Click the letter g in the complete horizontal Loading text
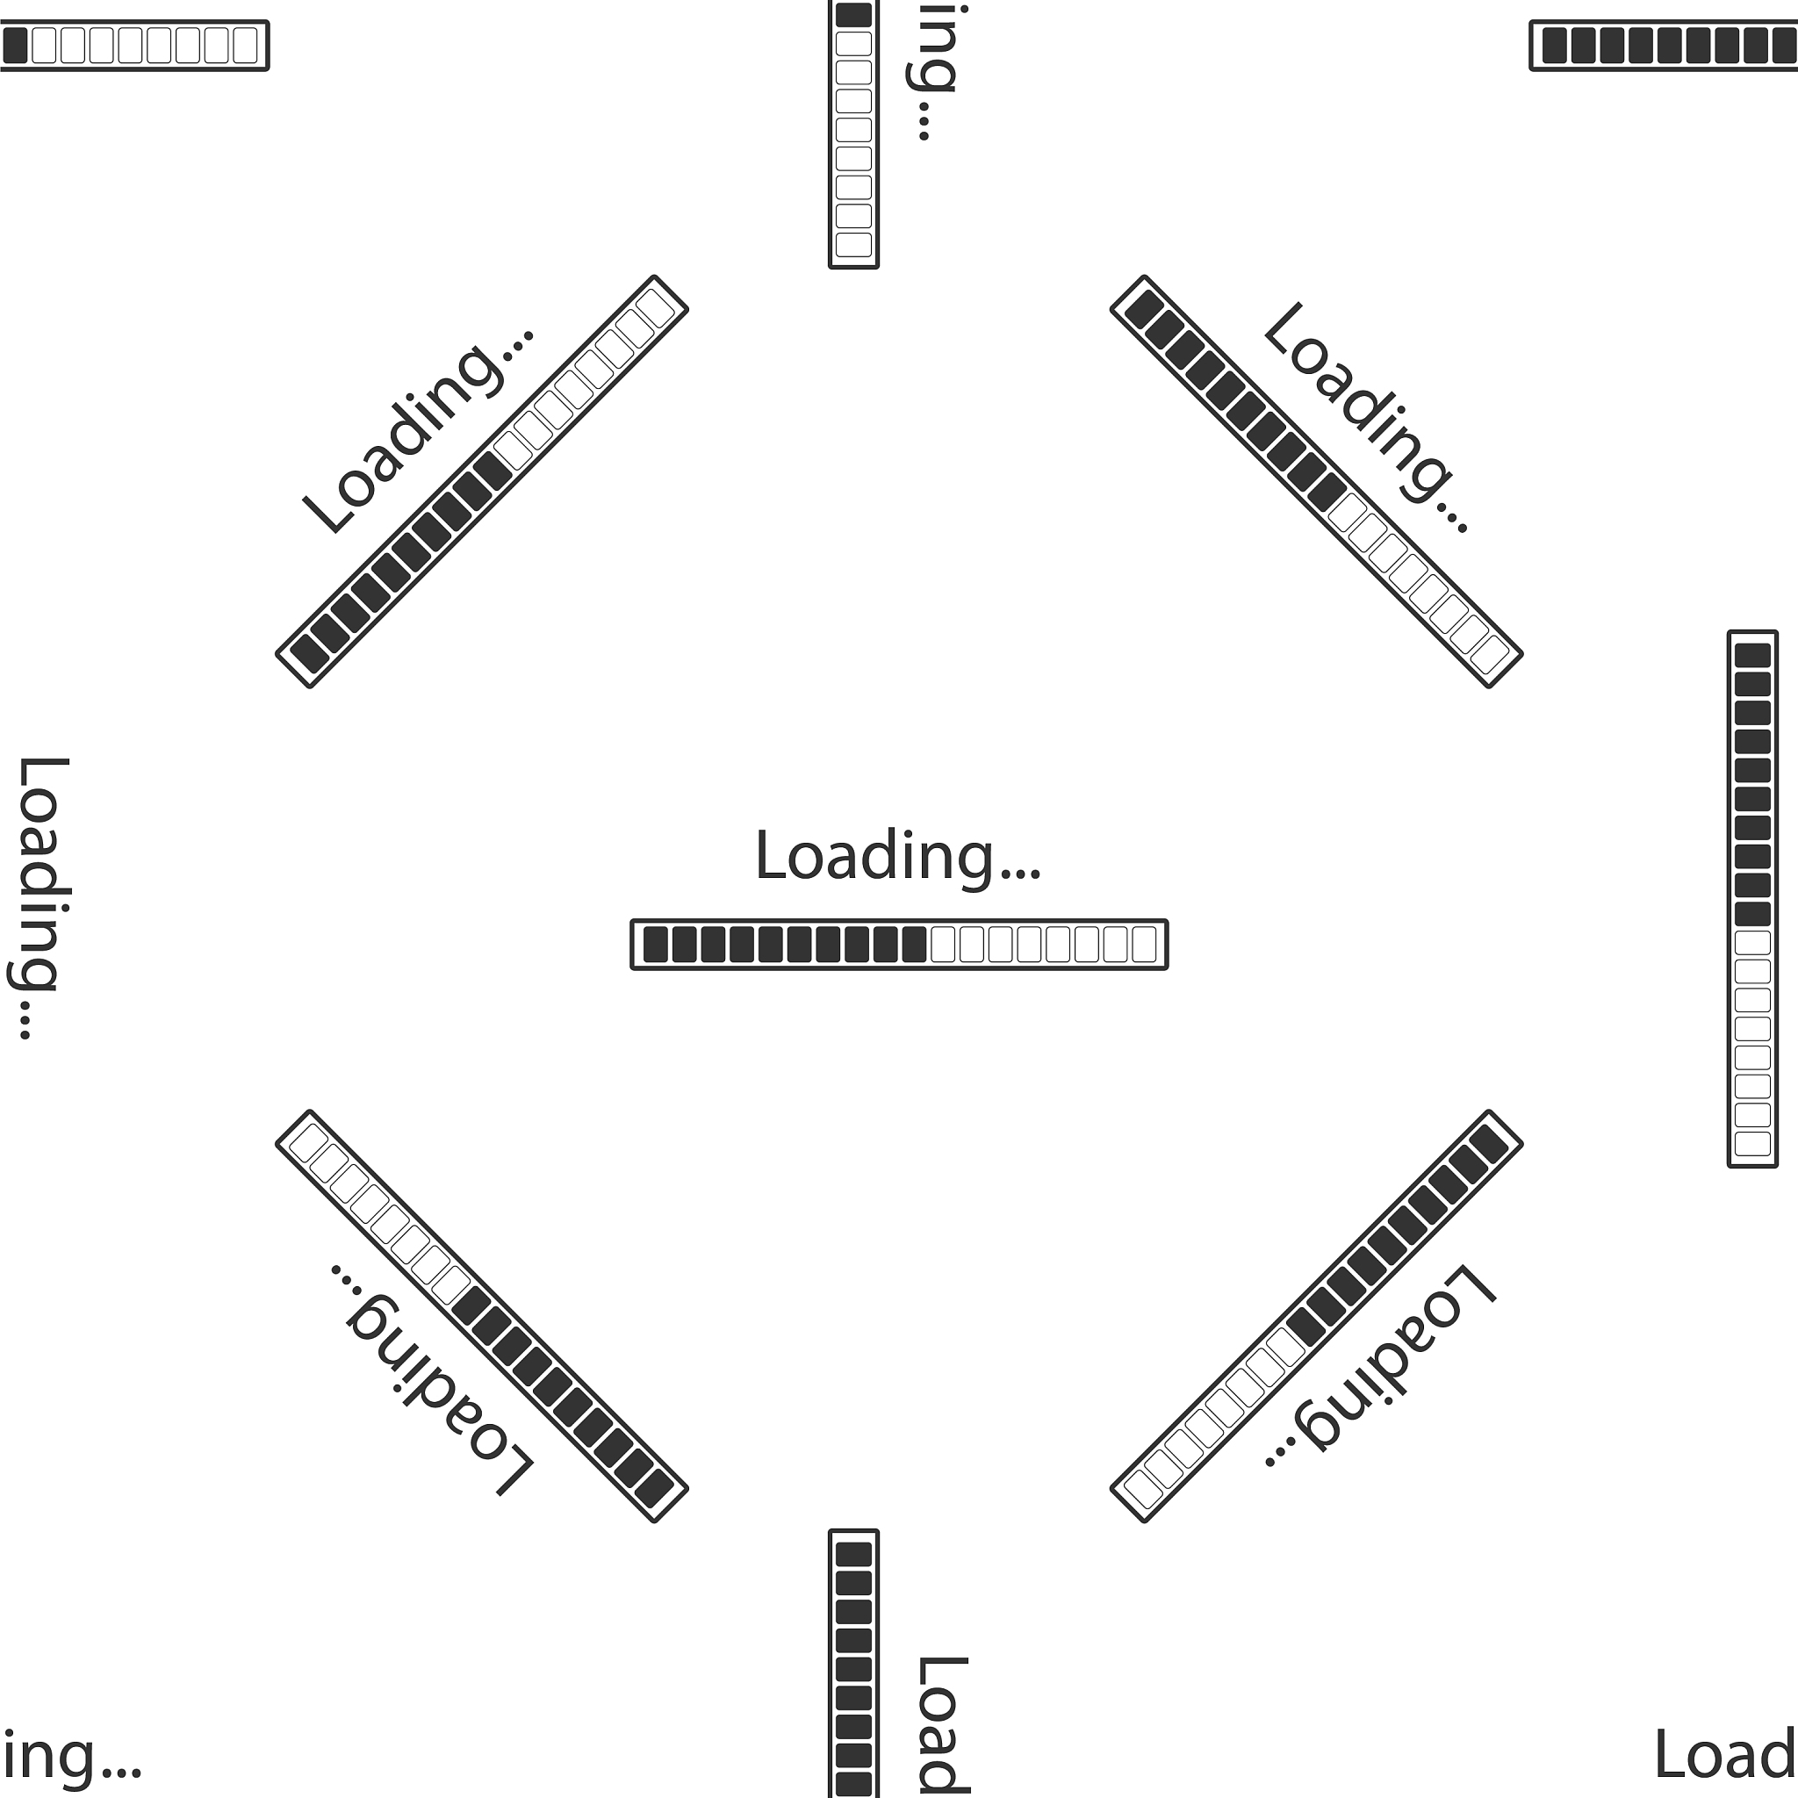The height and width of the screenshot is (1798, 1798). [975, 864]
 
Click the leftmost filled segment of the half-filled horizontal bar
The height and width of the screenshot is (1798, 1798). [656, 945]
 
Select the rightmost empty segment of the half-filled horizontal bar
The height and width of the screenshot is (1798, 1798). [1144, 945]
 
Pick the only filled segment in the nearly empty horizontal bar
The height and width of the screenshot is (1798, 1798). [15, 45]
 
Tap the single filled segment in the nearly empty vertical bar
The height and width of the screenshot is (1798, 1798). [853, 15]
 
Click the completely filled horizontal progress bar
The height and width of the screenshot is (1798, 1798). [1664, 45]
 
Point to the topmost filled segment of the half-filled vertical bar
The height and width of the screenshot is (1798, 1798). [1752, 655]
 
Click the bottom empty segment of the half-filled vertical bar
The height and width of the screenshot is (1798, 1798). [1752, 1143]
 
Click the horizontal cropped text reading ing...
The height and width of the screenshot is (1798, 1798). [71, 1755]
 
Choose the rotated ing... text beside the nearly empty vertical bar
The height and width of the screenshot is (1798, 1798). [931, 73]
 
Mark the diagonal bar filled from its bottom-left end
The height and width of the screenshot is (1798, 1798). [482, 482]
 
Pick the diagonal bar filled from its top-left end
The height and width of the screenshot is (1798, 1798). [1316, 482]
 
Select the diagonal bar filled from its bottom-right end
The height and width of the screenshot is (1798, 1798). [482, 1316]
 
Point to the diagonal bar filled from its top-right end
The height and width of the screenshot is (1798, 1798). [1316, 1316]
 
